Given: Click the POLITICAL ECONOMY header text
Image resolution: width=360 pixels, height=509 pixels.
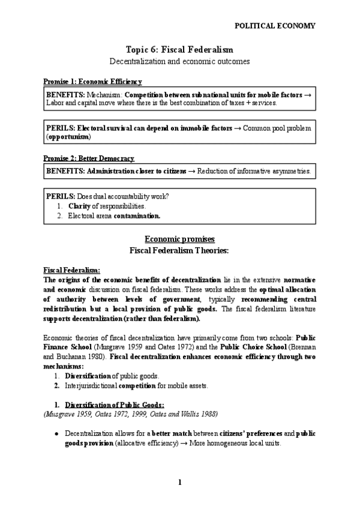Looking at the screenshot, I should [275, 26].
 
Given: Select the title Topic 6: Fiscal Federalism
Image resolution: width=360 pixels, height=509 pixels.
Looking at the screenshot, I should [179, 49].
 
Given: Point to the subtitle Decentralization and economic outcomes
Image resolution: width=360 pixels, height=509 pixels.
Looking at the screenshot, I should [179, 61].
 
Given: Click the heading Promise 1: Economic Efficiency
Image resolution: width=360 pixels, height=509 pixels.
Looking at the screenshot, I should [92, 82].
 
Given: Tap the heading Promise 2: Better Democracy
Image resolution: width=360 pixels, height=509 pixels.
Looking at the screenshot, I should [88, 158].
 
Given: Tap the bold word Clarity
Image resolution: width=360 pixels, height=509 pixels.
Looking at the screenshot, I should [79, 206].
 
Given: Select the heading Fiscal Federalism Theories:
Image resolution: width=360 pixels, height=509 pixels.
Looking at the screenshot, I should [179, 250].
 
